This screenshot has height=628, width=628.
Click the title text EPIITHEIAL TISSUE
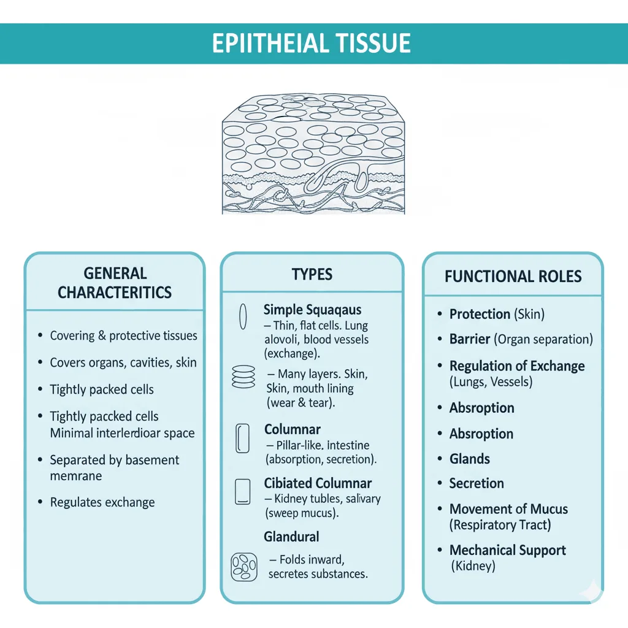312,44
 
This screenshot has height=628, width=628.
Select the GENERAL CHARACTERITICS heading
115,283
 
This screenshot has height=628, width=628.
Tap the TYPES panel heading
312,274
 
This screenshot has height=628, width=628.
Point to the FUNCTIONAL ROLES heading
513,276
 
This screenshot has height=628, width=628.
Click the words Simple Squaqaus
312,310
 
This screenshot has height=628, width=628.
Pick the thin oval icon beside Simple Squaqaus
242,316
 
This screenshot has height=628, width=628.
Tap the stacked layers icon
243,376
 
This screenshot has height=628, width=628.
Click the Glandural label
291,537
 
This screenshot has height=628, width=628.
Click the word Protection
480,314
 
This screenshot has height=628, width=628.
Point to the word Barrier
470,339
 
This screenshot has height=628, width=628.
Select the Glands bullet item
469,459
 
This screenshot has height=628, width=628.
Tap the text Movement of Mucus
508,509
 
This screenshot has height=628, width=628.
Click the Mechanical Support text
507,550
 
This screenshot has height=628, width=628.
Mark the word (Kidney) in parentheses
472,565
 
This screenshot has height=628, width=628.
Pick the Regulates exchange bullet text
102,502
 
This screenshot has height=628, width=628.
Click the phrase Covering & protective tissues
123,335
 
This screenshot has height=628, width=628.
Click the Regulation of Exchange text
516,366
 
